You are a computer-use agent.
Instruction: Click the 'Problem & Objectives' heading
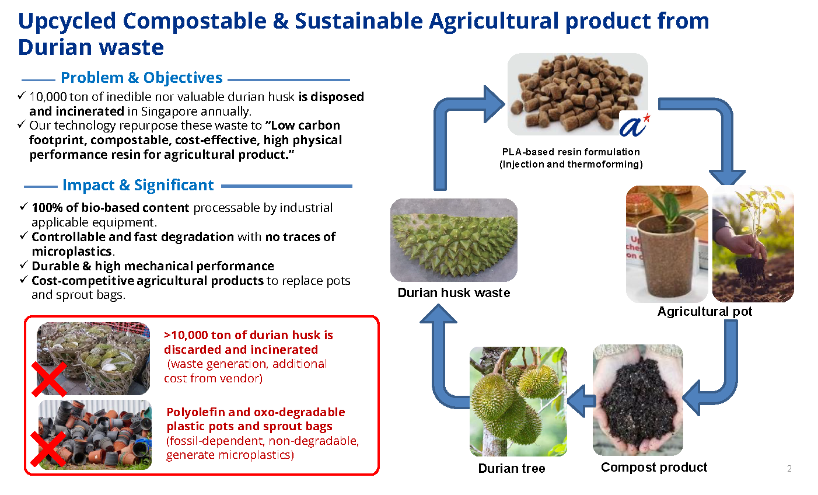click(141, 78)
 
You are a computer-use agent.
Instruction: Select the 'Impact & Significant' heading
click(138, 185)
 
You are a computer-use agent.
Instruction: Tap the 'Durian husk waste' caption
click(453, 293)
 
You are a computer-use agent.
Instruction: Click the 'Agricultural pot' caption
click(704, 312)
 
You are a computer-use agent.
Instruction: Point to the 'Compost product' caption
click(653, 468)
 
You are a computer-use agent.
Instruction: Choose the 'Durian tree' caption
click(511, 469)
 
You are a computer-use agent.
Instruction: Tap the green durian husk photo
click(453, 240)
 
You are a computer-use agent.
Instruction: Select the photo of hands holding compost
click(637, 400)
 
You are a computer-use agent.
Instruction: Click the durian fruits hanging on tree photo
click(518, 401)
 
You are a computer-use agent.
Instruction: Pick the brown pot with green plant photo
click(666, 244)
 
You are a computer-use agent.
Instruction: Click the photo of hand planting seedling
click(753, 244)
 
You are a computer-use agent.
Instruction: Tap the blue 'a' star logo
click(634, 124)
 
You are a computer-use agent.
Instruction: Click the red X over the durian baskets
click(49, 378)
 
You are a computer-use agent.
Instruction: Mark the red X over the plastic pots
click(48, 450)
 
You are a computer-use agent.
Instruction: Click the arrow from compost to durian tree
click(581, 401)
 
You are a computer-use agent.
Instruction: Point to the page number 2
click(789, 469)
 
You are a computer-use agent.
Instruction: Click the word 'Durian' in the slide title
click(54, 47)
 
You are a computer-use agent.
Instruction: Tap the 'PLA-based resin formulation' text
click(571, 152)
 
